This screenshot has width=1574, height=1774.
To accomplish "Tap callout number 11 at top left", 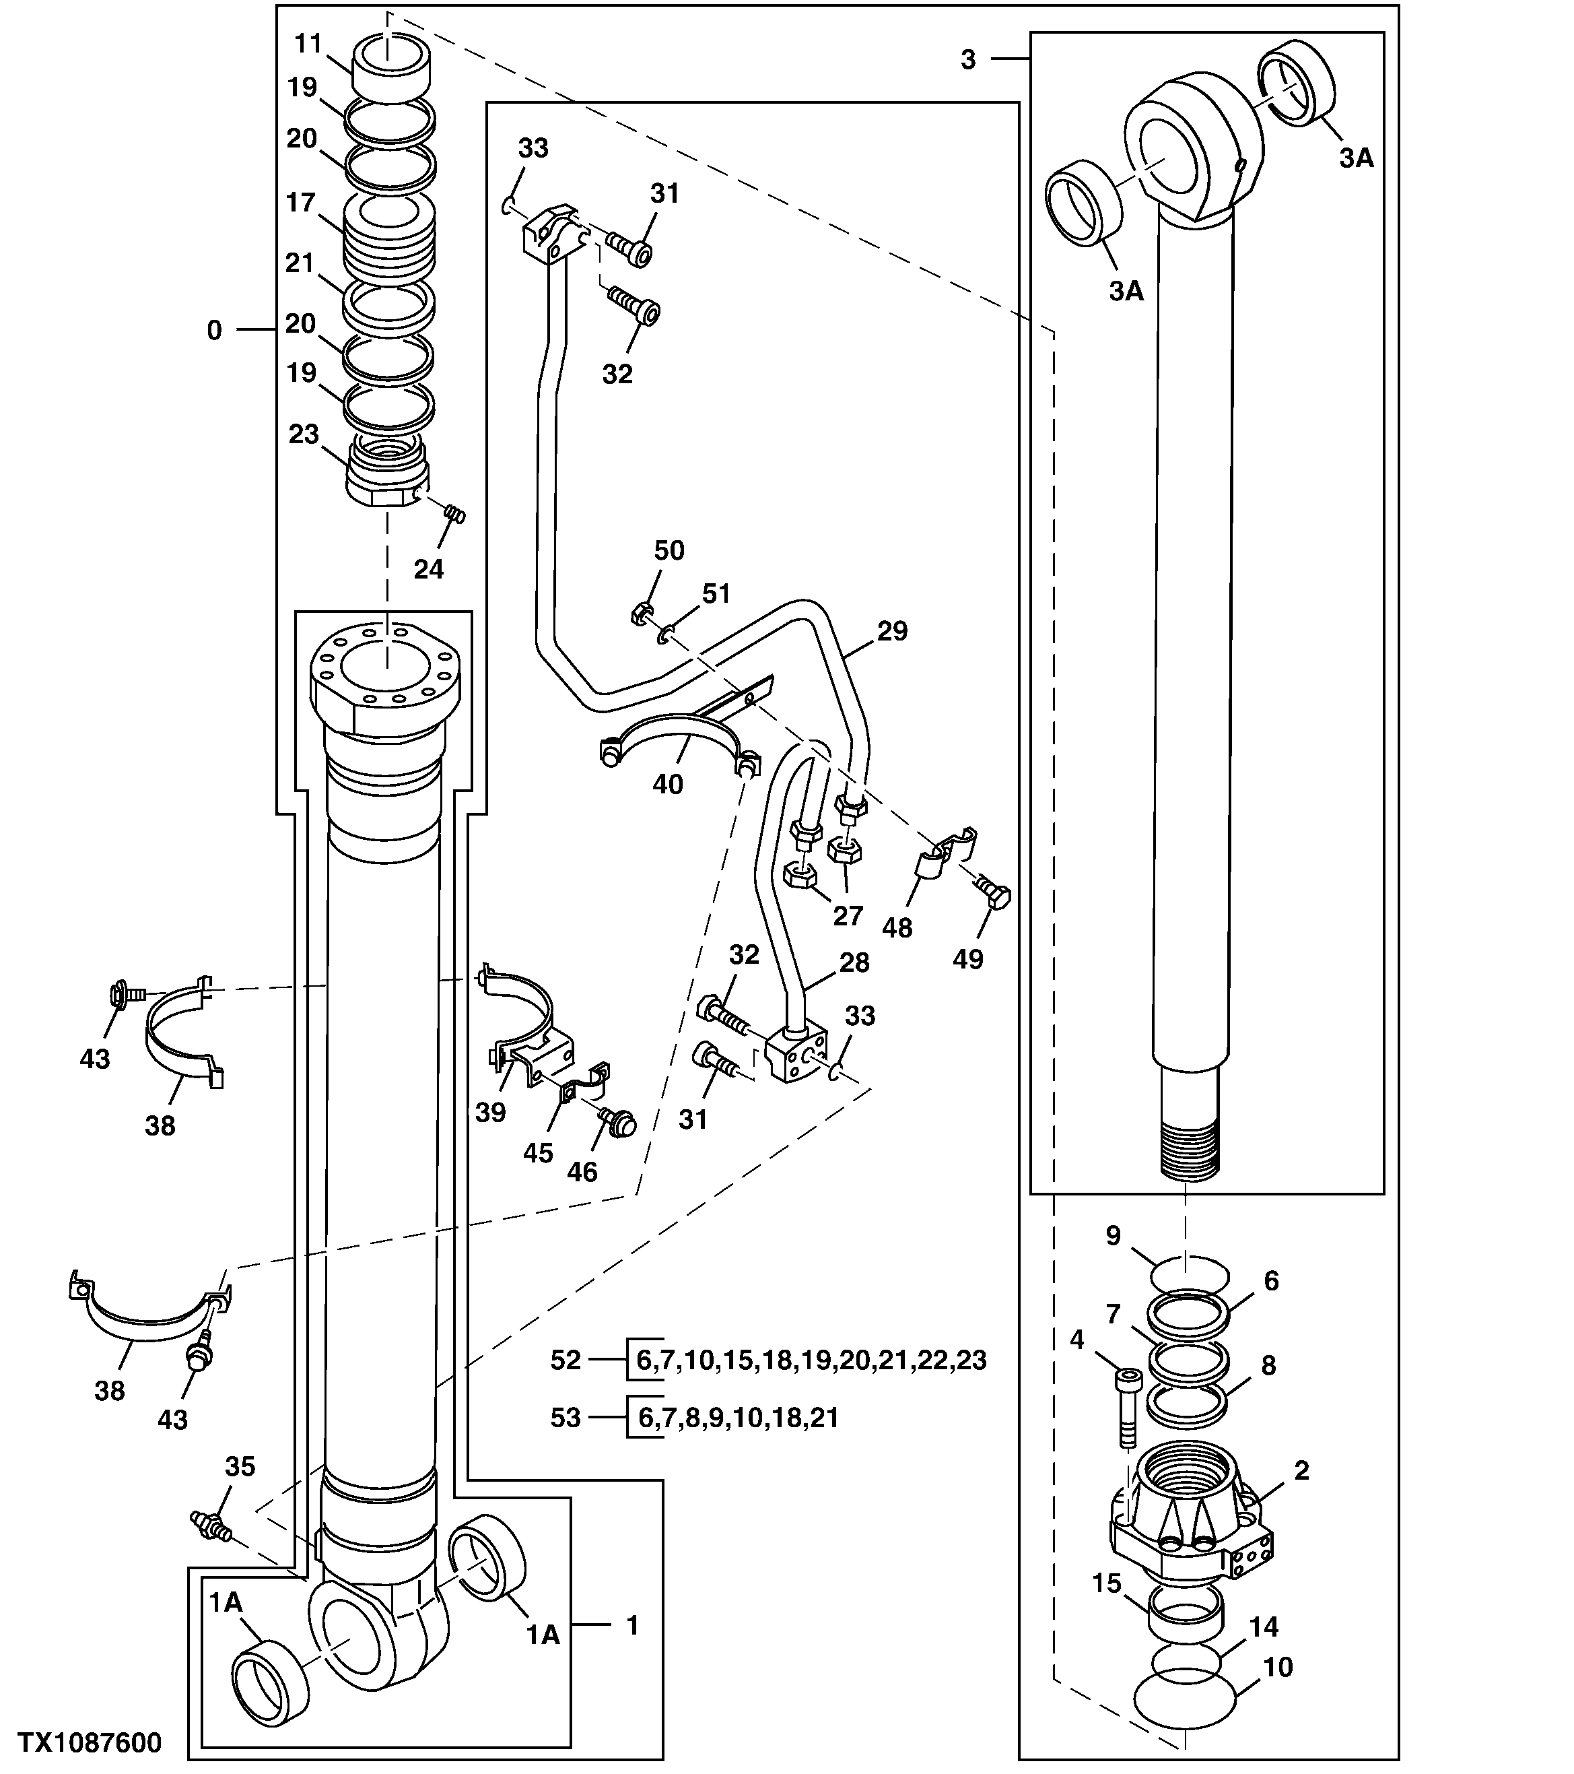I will pos(308,43).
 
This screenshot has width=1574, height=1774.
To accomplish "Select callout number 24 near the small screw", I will pos(429,569).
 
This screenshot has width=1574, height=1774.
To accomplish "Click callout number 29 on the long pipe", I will pos(892,631).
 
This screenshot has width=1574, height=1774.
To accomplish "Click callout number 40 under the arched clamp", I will pos(668,785).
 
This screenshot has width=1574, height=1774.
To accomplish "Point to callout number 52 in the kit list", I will pos(566,1360).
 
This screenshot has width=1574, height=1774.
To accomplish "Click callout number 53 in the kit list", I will pos(566,1418).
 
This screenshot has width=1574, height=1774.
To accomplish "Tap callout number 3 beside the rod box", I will pos(968,59).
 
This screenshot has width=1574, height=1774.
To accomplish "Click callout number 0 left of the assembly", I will pos(214,331).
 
